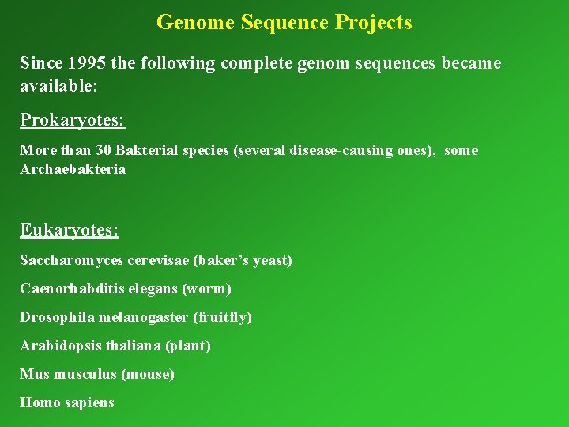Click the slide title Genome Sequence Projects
click(284, 22)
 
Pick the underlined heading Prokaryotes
click(72, 120)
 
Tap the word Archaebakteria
click(72, 169)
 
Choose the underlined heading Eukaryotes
click(69, 230)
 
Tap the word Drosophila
click(55, 317)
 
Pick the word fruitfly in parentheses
click(223, 317)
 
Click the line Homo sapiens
click(66, 402)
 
